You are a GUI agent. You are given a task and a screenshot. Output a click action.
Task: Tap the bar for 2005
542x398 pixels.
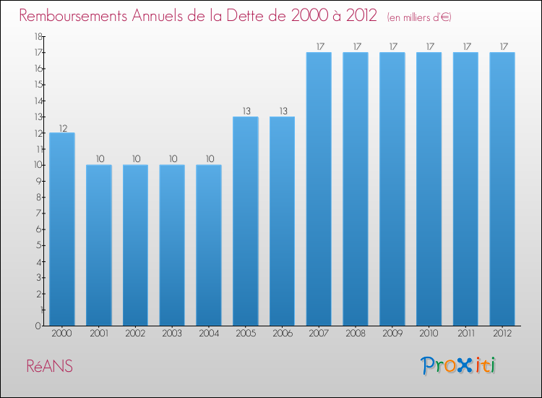tap(246, 221)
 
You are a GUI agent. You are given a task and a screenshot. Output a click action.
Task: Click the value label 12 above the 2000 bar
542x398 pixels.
tap(63, 128)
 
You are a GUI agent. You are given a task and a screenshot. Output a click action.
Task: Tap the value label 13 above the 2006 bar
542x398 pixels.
tap(283, 111)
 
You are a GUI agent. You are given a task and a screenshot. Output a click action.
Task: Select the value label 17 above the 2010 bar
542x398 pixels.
tap(429, 46)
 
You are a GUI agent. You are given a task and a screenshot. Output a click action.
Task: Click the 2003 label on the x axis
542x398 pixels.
tap(172, 334)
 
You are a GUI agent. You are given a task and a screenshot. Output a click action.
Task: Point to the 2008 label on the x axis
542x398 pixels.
tap(356, 334)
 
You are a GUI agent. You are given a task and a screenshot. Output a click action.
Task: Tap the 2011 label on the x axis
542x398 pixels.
tap(465, 334)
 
